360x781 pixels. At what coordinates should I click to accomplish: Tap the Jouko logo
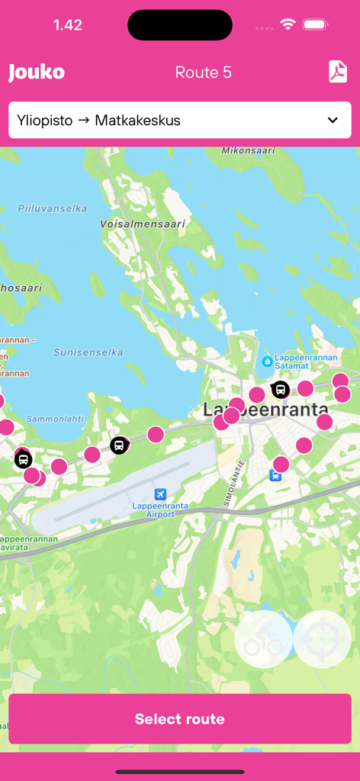[37, 72]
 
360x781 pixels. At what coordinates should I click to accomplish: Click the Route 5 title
[203, 72]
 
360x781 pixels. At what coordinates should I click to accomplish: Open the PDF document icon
[338, 72]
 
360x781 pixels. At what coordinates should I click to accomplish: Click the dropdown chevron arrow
[333, 120]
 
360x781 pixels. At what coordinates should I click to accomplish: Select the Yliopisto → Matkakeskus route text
[98, 120]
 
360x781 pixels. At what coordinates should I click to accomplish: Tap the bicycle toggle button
[264, 640]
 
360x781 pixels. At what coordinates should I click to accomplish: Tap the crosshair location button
[322, 640]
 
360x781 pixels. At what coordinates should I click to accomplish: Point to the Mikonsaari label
[249, 151]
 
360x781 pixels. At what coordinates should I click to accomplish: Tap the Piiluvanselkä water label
[53, 208]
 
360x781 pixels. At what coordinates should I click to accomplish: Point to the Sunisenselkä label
[88, 352]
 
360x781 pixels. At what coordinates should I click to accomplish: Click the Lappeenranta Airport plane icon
[160, 493]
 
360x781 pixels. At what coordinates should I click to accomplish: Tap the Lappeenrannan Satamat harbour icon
[267, 361]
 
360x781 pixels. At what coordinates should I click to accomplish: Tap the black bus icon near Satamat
[281, 390]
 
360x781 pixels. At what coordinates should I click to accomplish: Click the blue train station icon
[275, 475]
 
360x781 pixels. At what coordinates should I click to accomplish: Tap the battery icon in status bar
[315, 25]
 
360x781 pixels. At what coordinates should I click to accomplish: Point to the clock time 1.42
[68, 25]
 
